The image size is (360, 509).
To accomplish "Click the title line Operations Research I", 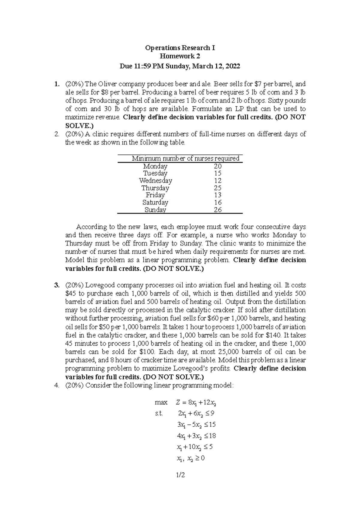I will tap(180, 48).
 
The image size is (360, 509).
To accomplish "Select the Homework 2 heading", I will tap(180, 56).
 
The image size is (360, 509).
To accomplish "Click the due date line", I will tap(180, 66).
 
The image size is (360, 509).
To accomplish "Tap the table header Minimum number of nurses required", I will tap(185, 159).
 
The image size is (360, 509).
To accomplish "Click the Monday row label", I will tap(155, 166).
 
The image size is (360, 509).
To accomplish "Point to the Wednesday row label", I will tap(155, 181).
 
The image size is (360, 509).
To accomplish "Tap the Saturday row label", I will tap(155, 203).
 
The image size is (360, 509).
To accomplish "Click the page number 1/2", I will tap(181, 475).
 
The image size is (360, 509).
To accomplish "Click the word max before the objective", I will tap(161, 402).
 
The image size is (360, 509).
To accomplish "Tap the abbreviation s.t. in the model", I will tap(159, 414).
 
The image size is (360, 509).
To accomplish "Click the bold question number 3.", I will tap(56, 285).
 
